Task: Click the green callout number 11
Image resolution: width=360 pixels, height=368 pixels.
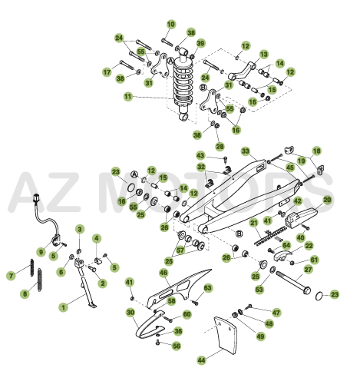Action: [x=128, y=97]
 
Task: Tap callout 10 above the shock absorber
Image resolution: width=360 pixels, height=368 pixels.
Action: [x=170, y=25]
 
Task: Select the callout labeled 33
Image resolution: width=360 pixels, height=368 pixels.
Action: [x=246, y=151]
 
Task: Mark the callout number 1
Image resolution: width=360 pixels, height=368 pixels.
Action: [x=64, y=306]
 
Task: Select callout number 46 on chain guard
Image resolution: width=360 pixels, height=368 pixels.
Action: [x=163, y=273]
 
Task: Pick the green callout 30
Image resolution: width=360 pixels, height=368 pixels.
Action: [x=130, y=313]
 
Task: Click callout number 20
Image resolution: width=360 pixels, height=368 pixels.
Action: [x=327, y=200]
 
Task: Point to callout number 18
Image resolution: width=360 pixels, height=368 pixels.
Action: [x=316, y=151]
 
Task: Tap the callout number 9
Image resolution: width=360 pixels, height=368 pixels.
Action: [x=41, y=251]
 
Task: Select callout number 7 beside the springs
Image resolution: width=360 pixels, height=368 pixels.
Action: [x=10, y=274]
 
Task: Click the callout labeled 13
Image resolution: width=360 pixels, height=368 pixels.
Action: [x=263, y=55]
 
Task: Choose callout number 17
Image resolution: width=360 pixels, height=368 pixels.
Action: [x=107, y=73]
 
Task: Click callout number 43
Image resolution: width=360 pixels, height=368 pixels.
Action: [x=201, y=156]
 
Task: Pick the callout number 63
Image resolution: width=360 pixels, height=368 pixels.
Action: [x=207, y=288]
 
